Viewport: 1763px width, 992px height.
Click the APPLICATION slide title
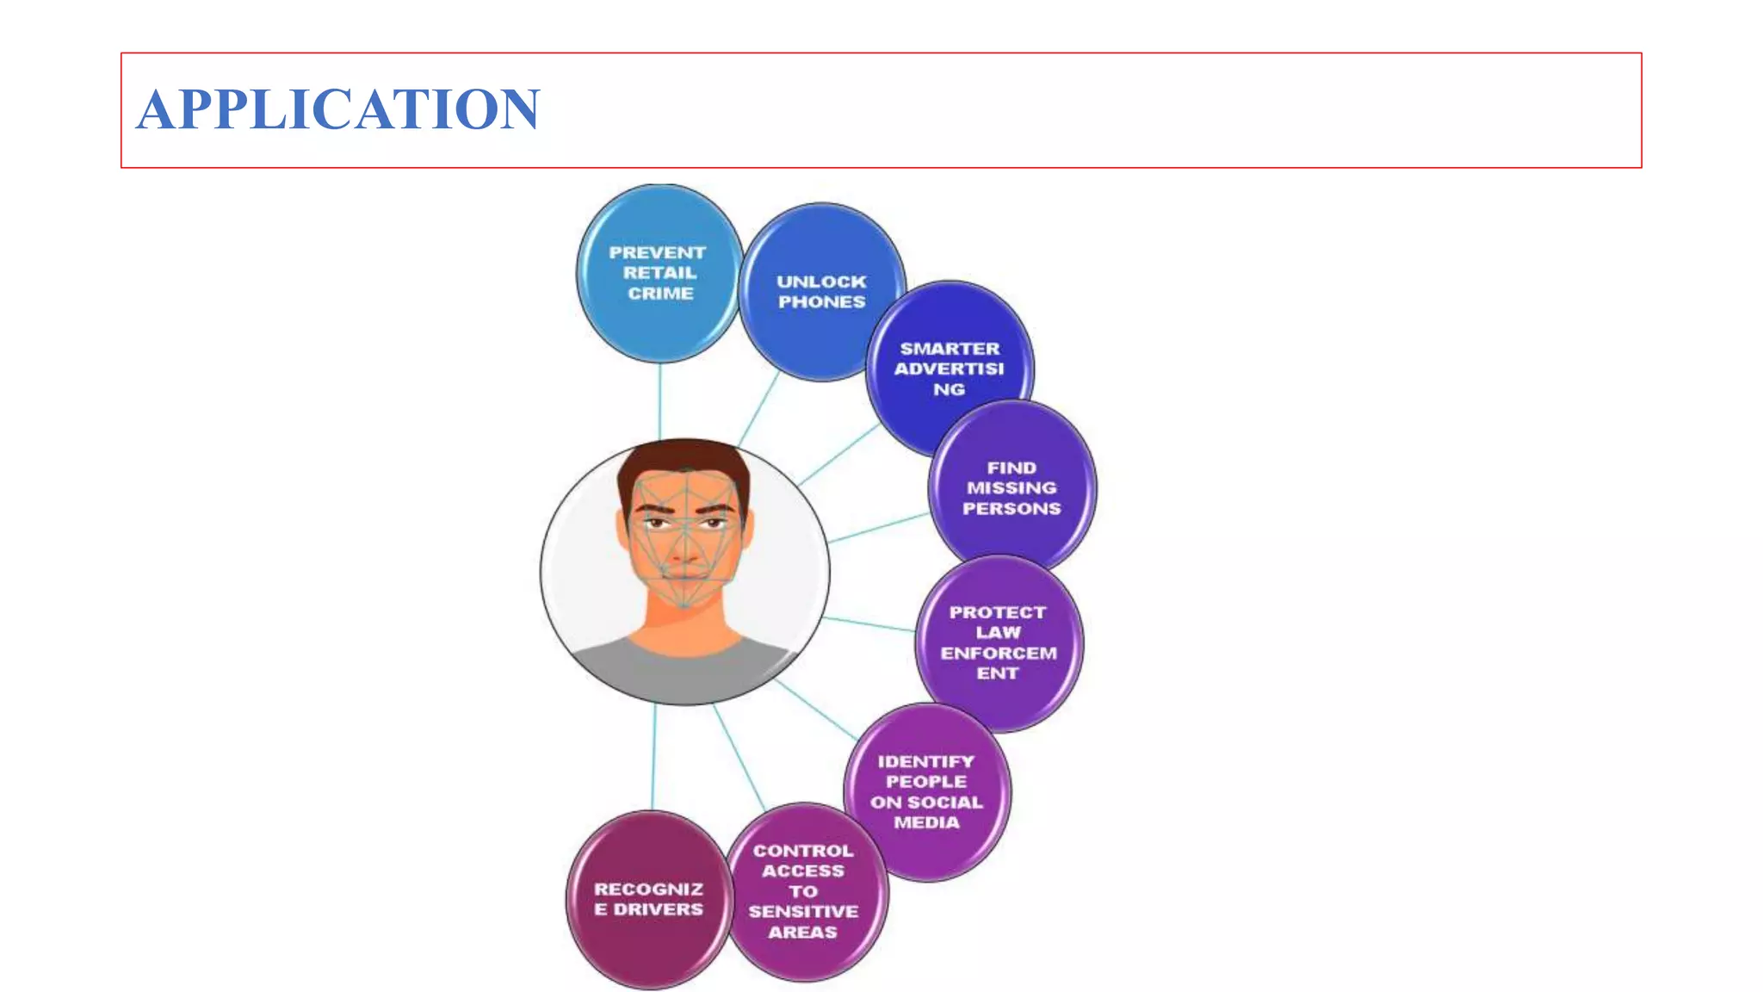click(x=338, y=109)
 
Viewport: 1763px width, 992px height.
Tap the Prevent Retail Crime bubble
click(x=659, y=273)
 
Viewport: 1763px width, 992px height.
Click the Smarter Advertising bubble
click(x=949, y=369)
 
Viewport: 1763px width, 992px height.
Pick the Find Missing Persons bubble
click(x=1011, y=487)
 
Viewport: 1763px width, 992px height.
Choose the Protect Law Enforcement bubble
click(x=999, y=642)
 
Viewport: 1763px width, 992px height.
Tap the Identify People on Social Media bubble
click(x=926, y=791)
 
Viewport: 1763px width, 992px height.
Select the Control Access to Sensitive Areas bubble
click(x=803, y=891)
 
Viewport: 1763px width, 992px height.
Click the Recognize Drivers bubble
click(x=648, y=899)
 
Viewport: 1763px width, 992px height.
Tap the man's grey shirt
click(x=680, y=672)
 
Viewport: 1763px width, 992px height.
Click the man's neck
click(x=684, y=620)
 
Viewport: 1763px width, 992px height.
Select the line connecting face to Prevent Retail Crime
click(x=660, y=400)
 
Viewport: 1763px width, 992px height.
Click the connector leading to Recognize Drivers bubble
click(x=653, y=758)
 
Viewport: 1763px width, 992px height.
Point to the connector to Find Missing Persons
click(x=878, y=528)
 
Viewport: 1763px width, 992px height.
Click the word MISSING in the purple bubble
click(x=1011, y=488)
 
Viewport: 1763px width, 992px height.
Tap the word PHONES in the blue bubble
click(x=821, y=302)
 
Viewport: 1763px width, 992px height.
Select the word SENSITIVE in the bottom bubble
click(x=803, y=911)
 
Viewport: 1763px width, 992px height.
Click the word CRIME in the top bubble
click(x=660, y=294)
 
